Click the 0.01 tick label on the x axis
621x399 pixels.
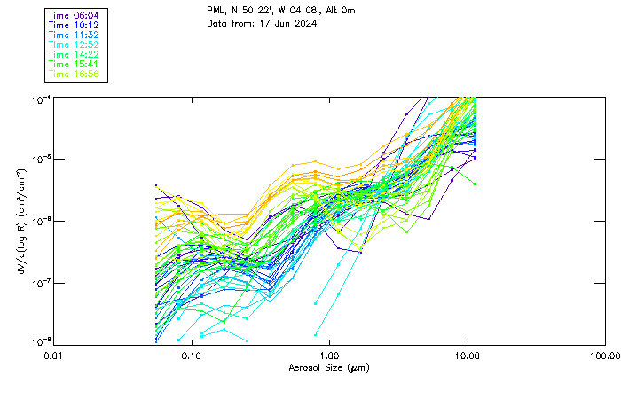pyautogui.click(x=52, y=356)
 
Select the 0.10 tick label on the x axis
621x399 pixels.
pyautogui.click(x=191, y=356)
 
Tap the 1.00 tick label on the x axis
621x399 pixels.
pyautogui.click(x=329, y=356)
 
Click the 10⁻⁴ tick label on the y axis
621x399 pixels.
pyautogui.click(x=41, y=98)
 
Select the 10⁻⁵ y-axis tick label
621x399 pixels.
pyautogui.click(x=41, y=160)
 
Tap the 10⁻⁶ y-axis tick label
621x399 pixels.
pyautogui.click(x=41, y=221)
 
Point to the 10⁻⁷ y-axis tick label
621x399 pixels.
pyautogui.click(x=41, y=283)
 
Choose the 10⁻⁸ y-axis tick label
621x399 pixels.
pyautogui.click(x=41, y=343)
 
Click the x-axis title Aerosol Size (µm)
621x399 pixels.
pyautogui.click(x=329, y=367)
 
